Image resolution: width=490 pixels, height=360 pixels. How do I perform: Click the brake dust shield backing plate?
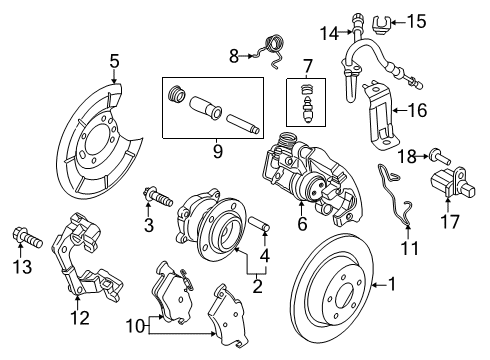(100, 139)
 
